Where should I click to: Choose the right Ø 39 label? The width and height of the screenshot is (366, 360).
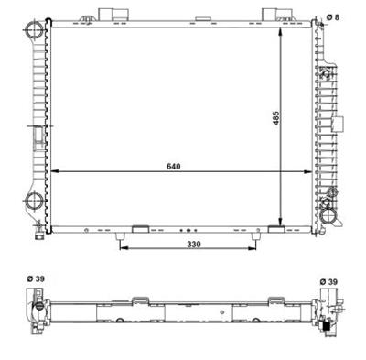click(329, 280)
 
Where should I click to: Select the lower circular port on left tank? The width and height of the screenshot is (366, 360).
click(34, 203)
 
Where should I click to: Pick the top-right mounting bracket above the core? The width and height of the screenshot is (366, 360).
click(277, 14)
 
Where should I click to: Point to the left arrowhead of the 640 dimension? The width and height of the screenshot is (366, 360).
click(55, 172)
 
